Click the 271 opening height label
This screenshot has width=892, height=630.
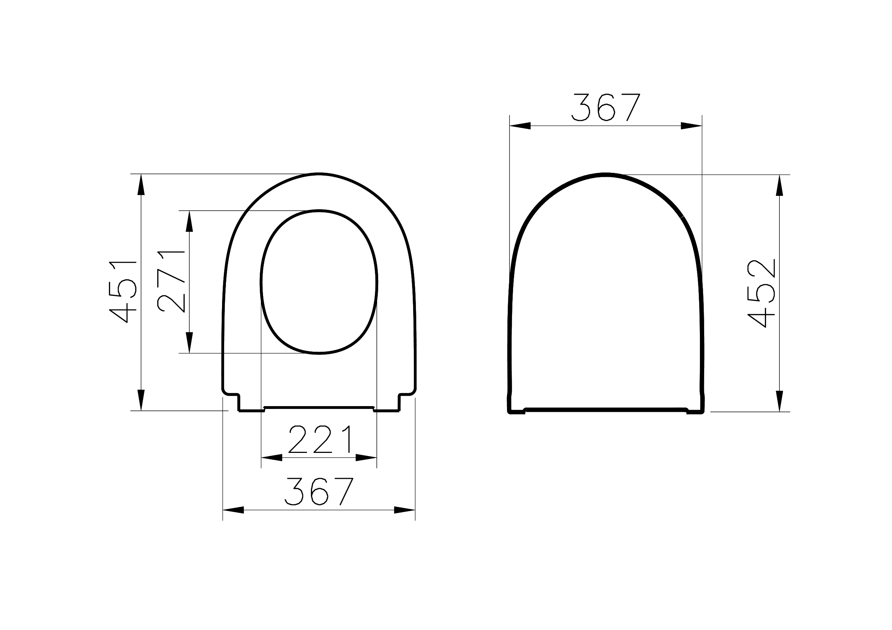[171, 282]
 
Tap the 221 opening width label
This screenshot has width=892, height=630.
[321, 440]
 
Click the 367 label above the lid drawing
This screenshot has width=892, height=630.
[606, 107]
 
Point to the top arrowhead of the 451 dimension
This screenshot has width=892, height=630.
[141, 184]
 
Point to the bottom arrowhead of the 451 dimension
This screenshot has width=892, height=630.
[141, 400]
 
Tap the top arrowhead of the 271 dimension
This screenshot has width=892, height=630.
[189, 221]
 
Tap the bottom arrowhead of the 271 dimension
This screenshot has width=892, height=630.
[189, 342]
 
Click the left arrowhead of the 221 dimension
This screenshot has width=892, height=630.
[272, 458]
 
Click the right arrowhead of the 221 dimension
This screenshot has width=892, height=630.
[366, 458]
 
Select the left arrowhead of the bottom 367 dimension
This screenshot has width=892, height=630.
[233, 510]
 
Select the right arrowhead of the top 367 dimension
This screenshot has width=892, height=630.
[691, 126]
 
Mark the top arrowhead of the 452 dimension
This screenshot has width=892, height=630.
[779, 185]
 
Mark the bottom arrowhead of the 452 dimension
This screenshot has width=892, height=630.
[779, 401]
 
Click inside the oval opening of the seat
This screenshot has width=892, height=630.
[318, 282]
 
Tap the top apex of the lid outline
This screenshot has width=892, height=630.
[606, 175]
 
